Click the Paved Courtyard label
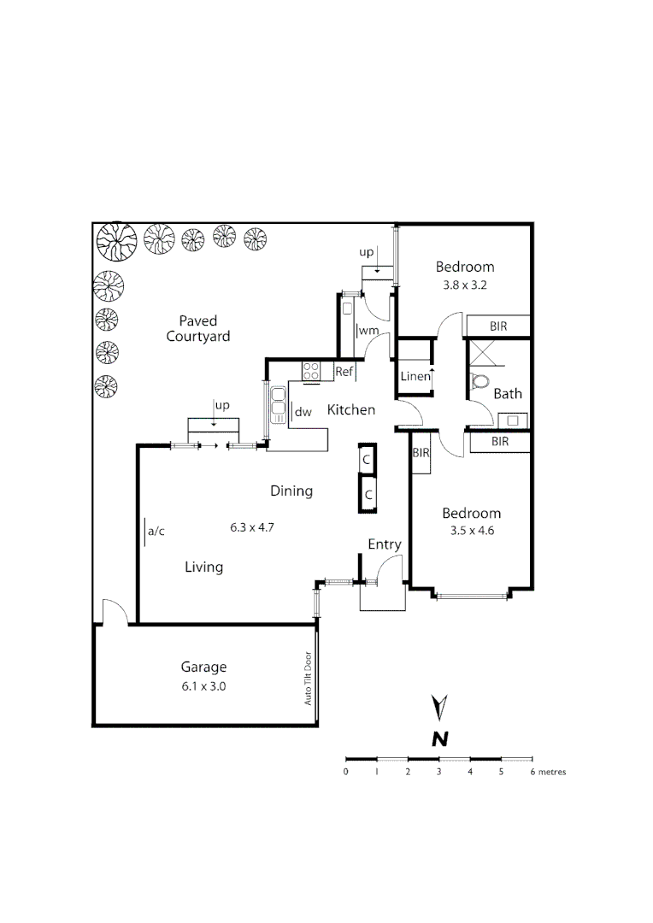pos(198,329)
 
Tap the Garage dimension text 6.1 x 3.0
pos(203,685)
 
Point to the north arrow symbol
pos(439,708)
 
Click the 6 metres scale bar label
pos(547,772)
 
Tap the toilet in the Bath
pos(480,381)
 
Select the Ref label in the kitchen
pos(344,372)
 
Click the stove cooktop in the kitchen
pos(311,372)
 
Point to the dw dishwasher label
pos(303,412)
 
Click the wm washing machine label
pos(368,331)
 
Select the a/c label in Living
pos(156,532)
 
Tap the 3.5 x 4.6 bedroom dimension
pos(471,530)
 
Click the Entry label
pos(384,544)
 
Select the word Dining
pos(291,491)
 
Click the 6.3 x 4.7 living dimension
pos(251,527)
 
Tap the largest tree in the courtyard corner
pos(115,241)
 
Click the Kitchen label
pos(351,410)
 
